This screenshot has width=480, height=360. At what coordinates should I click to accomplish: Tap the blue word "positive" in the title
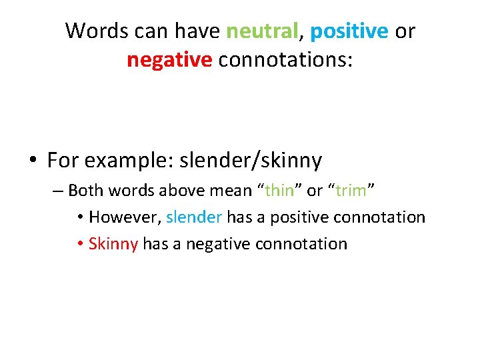pyautogui.click(x=349, y=31)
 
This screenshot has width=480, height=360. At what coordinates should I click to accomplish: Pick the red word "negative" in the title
pyautogui.click(x=169, y=60)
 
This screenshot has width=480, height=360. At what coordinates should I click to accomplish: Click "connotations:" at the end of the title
pyautogui.click(x=286, y=60)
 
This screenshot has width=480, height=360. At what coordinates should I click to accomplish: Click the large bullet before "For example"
pyautogui.click(x=32, y=161)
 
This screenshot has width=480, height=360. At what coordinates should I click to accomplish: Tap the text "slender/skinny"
pyautogui.click(x=251, y=161)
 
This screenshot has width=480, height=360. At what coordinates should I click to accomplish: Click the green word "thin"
pyautogui.click(x=279, y=191)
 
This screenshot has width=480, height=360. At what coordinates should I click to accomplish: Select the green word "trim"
pyautogui.click(x=351, y=191)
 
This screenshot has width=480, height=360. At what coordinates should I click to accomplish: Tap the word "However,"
pyautogui.click(x=125, y=217)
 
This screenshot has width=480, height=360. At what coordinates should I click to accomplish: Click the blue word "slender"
pyautogui.click(x=193, y=217)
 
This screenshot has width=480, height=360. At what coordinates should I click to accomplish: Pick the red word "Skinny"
pyautogui.click(x=113, y=244)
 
